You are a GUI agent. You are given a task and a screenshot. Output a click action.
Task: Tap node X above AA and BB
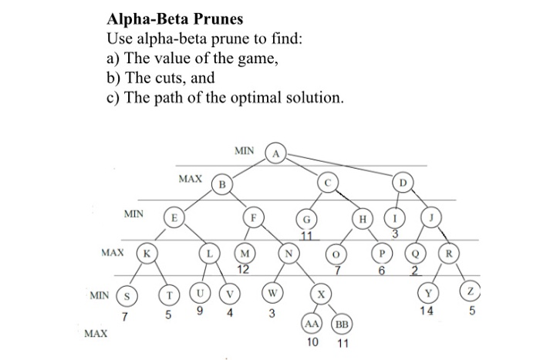click(319, 294)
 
